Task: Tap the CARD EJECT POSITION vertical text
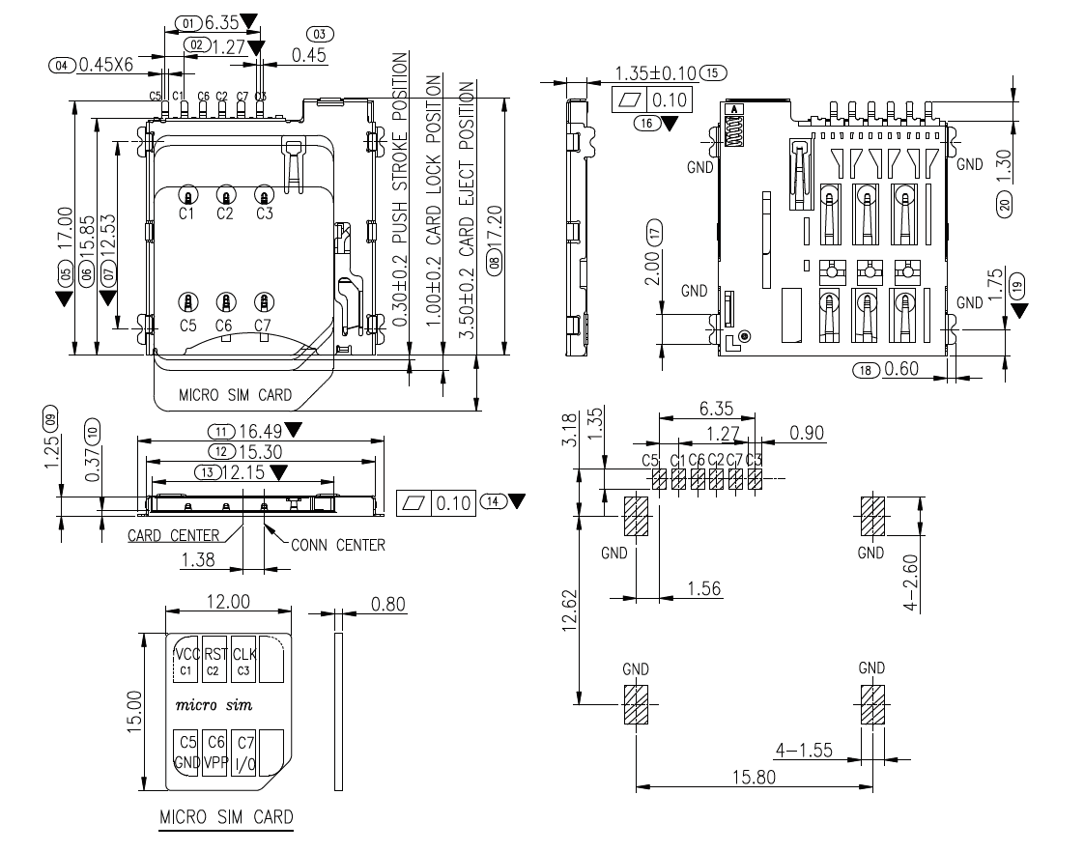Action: pos(466,209)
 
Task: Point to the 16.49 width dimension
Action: pos(258,431)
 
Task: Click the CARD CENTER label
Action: pos(174,534)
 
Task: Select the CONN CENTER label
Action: pos(338,545)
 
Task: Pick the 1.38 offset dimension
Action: pos(198,558)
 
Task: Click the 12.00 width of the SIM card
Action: pos(229,602)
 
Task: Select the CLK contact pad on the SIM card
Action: pos(244,661)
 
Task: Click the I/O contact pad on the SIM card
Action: pos(244,752)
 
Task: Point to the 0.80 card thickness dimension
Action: pos(388,605)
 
